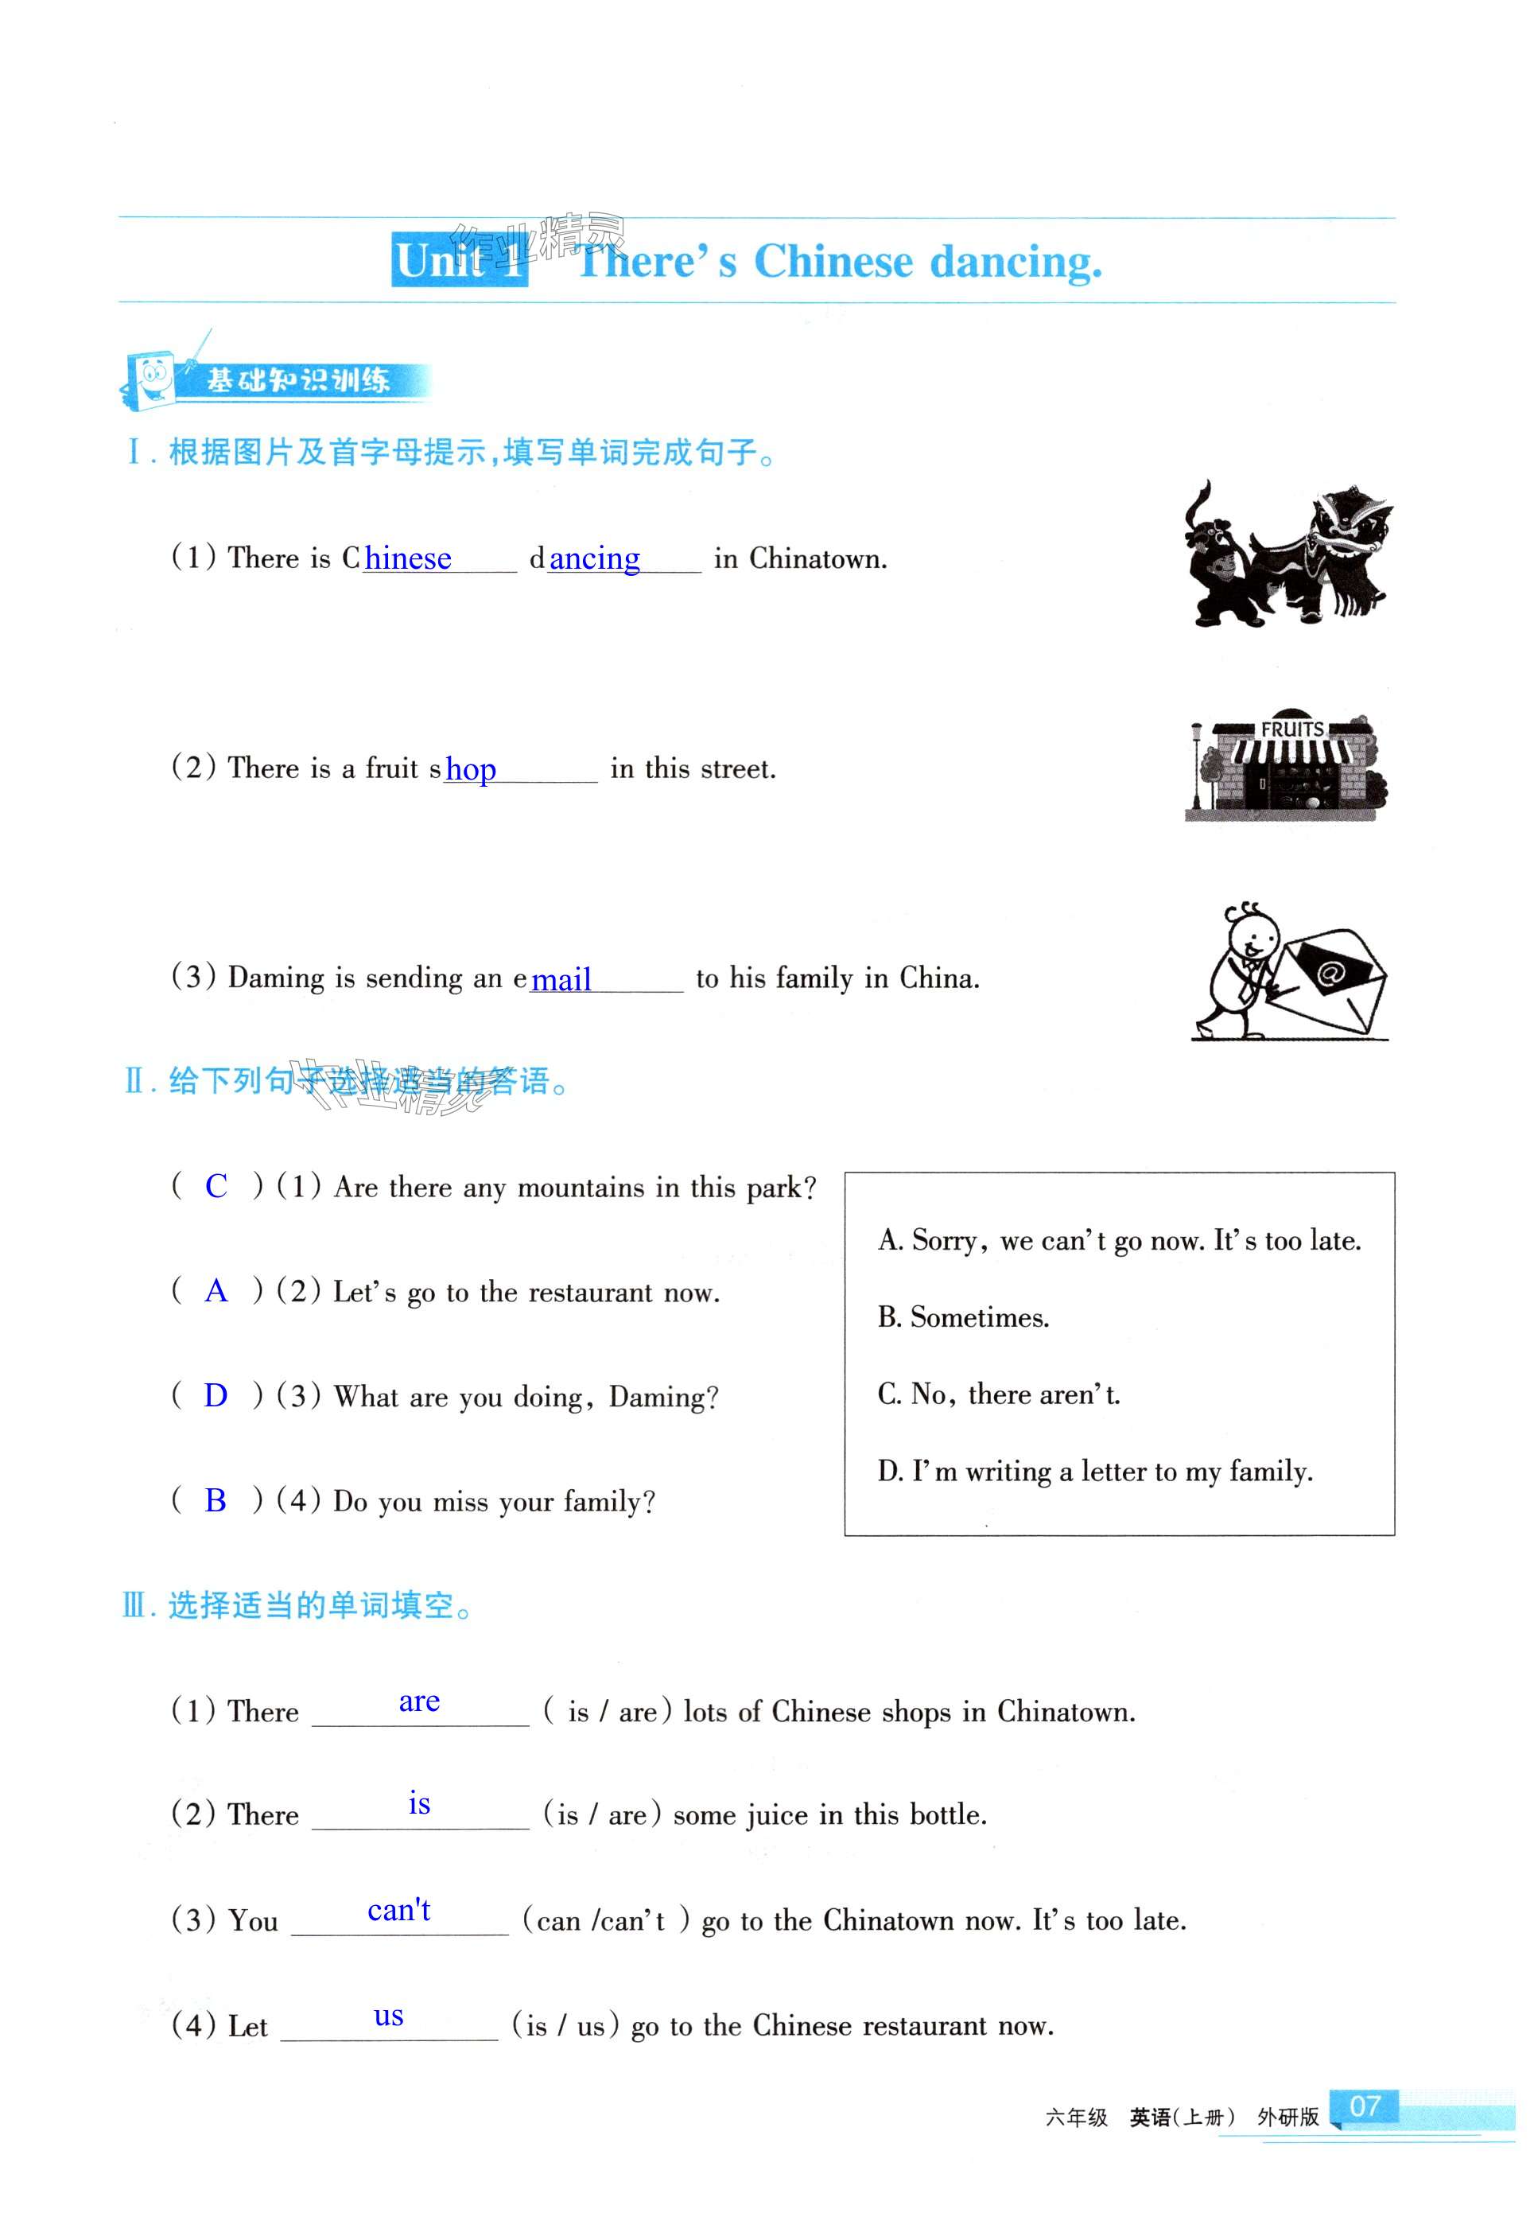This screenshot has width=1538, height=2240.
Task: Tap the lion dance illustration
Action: click(x=1287, y=556)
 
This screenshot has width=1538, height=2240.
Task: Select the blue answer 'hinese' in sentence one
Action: click(x=408, y=559)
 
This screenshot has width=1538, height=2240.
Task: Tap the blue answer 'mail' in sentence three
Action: click(x=561, y=980)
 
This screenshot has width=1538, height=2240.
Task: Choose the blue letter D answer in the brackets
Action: click(x=216, y=1396)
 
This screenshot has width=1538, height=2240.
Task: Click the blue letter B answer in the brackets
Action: click(x=216, y=1501)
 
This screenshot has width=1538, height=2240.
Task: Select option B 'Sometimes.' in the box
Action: click(x=964, y=1317)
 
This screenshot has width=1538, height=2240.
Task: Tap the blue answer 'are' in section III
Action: click(x=419, y=1702)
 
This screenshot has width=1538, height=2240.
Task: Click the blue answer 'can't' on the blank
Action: click(x=399, y=1911)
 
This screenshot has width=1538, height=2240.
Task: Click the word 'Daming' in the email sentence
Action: click(x=276, y=978)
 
